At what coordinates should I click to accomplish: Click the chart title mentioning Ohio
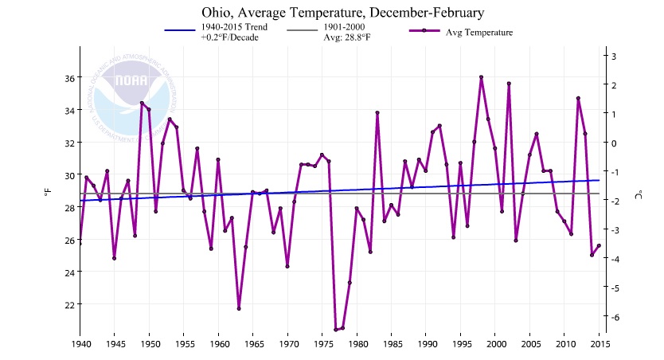[x=332, y=13]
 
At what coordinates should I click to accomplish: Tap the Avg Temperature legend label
[x=479, y=32]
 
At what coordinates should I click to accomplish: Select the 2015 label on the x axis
[x=600, y=344]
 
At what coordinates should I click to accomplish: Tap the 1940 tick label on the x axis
[x=80, y=344]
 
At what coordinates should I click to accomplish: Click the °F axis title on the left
[x=47, y=192]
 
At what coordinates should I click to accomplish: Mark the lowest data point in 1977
[x=336, y=330]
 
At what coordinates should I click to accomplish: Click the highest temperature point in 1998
[x=482, y=77]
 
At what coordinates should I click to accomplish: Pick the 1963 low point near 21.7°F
[x=239, y=308]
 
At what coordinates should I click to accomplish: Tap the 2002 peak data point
[x=509, y=84]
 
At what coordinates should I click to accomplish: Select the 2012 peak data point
[x=578, y=98]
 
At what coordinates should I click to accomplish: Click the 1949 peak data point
[x=142, y=103]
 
